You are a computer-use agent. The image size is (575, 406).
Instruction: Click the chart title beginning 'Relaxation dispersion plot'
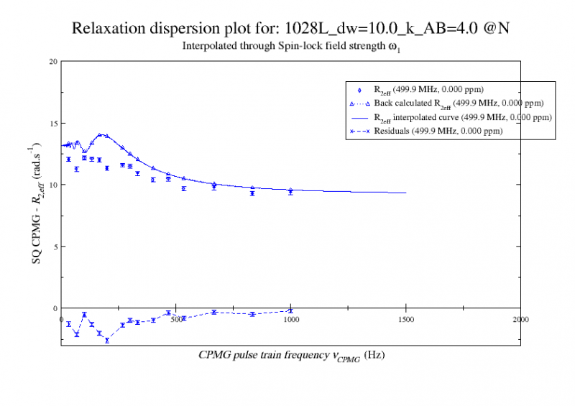(291, 29)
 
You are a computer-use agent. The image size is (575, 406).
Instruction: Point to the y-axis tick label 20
(52, 61)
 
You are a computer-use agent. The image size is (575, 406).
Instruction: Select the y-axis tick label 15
(52, 123)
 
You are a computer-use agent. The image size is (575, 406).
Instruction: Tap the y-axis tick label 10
(52, 185)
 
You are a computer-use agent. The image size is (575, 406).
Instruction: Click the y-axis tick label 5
(55, 246)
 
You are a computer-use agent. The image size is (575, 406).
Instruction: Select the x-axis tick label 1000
(290, 318)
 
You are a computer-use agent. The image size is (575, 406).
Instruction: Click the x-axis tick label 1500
(405, 318)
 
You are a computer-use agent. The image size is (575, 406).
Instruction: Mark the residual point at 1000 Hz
(290, 310)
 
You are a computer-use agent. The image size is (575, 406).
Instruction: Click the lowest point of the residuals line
(107, 340)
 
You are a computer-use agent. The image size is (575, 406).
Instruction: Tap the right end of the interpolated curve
(406, 193)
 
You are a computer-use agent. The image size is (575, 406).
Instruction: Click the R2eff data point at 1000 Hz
(290, 192)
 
